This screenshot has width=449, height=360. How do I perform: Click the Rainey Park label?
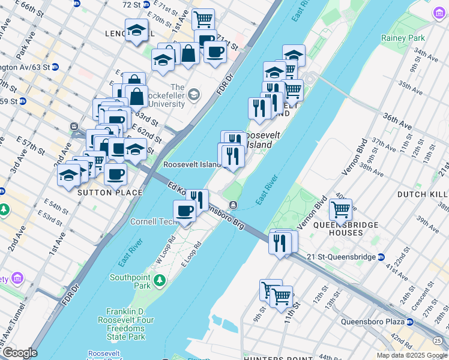point(402,38)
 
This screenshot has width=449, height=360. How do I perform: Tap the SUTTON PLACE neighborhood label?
point(110,193)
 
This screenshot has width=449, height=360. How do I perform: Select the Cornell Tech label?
point(157,221)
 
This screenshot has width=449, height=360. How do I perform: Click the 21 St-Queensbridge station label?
point(340,257)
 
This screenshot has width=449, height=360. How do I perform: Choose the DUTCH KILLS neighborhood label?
point(423,195)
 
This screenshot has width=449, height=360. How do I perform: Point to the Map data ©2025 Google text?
point(412,355)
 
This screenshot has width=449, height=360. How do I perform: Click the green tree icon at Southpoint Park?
point(160,280)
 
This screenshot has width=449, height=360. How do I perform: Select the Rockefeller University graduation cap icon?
point(194,94)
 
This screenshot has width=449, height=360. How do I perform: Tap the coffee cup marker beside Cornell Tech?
point(184,211)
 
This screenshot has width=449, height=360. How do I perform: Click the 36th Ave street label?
point(397,118)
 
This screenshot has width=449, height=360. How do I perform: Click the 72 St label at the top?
point(131,4)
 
